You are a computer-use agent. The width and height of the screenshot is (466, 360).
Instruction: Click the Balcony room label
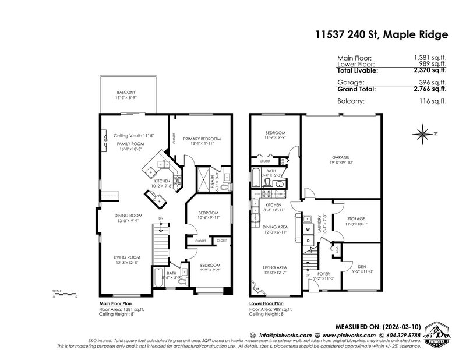coord(126,92)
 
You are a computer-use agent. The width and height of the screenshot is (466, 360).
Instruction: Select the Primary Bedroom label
coord(201,139)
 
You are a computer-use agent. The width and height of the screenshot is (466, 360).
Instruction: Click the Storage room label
coord(355,218)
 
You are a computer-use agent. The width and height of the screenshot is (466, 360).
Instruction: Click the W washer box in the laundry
coord(308,229)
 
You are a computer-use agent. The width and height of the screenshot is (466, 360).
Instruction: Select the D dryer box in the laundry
coord(308,240)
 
